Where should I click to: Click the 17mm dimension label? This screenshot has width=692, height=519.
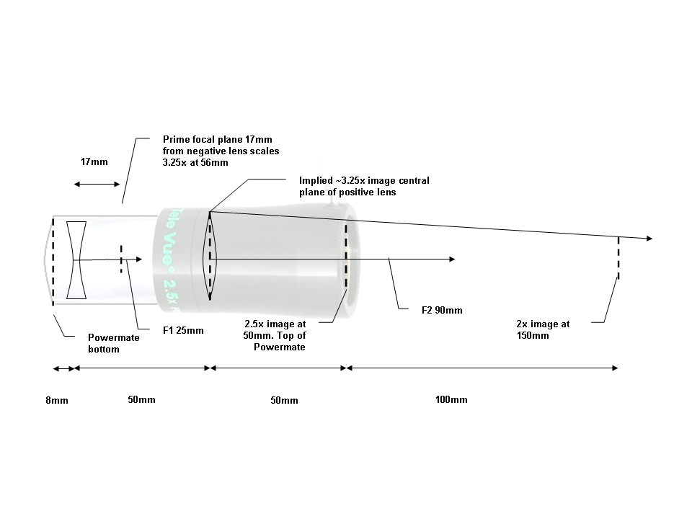94,162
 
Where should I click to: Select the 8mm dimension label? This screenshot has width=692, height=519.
56,400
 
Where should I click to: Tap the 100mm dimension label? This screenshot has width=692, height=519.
451,400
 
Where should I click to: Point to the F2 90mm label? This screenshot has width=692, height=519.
441,311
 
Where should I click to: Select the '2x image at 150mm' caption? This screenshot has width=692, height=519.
543,329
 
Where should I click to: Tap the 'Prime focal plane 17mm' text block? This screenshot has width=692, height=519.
221,151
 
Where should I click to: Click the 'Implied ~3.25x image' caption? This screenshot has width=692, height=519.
364,186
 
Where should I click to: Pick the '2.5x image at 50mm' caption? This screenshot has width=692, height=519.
276,335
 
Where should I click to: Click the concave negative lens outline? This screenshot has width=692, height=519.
76,260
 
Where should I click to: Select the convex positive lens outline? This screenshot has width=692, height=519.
210,256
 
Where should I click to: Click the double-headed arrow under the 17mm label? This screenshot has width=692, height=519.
97,185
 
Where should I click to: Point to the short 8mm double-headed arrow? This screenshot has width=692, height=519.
63,368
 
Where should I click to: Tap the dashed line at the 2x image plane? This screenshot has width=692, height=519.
618,257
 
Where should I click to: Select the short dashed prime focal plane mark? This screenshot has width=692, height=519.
121,257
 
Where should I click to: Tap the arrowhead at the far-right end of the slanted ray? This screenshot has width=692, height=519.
649,239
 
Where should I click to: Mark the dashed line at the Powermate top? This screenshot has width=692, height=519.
346,256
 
